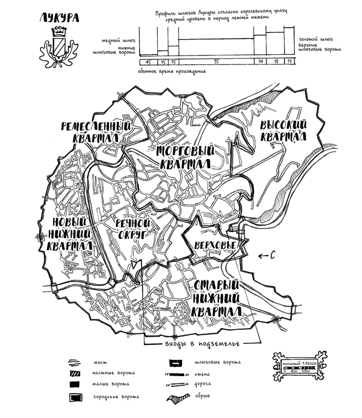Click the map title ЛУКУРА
pyautogui.click(x=59, y=18)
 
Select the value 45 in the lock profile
pyautogui.click(x=148, y=61)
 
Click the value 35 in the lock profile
pyautogui.click(x=216, y=61)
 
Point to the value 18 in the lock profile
pyautogui.click(x=275, y=61)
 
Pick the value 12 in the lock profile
pyautogui.click(x=290, y=61)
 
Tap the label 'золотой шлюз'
pyautogui.click(x=315, y=40)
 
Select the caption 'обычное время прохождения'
pyautogui.click(x=171, y=72)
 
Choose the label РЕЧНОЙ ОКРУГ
pyautogui.click(x=131, y=228)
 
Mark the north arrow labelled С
pyautogui.click(x=266, y=256)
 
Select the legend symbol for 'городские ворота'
pyautogui.click(x=75, y=397)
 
